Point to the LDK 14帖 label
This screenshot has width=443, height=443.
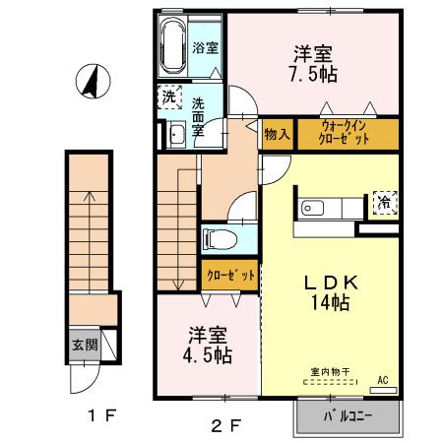click(x=329, y=292)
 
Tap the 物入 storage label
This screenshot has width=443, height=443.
click(x=276, y=132)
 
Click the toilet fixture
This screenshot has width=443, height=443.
click(x=218, y=238)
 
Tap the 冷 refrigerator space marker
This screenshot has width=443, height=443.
click(x=382, y=201)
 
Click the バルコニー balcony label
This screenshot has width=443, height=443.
click(x=348, y=416)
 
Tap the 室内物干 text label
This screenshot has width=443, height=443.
click(x=330, y=371)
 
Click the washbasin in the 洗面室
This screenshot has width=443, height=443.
click(x=177, y=135)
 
